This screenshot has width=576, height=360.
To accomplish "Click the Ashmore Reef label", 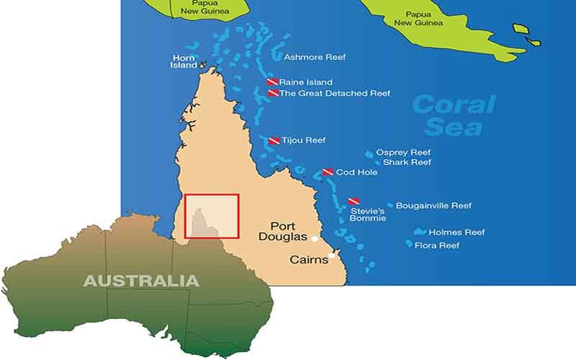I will click(315, 57).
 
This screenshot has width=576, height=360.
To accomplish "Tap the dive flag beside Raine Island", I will click(273, 82).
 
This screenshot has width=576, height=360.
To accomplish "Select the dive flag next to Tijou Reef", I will click(274, 140).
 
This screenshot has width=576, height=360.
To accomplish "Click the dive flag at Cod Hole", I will click(328, 172).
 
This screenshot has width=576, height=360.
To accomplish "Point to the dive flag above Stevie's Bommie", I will click(354, 202).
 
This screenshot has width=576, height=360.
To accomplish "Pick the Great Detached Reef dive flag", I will click(273, 93).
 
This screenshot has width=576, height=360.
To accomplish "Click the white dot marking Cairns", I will click(332, 255).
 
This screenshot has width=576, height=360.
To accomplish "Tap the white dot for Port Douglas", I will click(315, 238).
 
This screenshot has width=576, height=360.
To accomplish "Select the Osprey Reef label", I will click(402, 153).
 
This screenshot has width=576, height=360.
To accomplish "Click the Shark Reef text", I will click(407, 163).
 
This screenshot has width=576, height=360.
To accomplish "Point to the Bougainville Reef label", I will click(433, 205).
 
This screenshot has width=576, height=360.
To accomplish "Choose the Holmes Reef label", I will click(456, 233).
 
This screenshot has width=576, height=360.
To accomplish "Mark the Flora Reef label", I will click(436, 246).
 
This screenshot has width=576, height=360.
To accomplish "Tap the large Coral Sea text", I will click(454, 115).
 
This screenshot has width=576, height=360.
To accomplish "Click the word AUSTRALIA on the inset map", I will click(141, 280).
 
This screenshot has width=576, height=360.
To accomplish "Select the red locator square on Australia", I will click(212, 216).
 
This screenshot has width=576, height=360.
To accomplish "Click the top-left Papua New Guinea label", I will click(200, 7).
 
